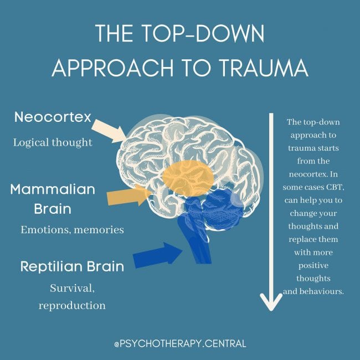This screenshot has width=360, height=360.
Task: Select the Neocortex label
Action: click(53, 118)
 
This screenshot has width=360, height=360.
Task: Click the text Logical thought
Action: click(53, 142)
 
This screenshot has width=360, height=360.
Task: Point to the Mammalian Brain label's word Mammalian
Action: click(53, 189)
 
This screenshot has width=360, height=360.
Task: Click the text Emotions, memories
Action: click(72, 229)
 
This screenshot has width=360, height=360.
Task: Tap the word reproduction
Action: click(72, 305)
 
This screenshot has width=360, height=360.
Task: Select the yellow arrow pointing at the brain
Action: click(128, 196)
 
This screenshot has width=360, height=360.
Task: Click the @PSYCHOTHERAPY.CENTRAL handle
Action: click(180, 344)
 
